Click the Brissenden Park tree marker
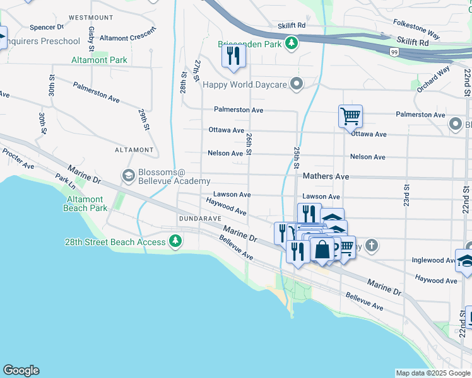point(291,43)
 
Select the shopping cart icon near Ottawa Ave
point(350,116)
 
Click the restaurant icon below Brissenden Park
point(233,57)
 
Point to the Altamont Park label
point(99,60)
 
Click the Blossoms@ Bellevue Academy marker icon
point(129,175)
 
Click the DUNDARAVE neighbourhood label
point(199,218)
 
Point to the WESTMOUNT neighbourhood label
point(91,18)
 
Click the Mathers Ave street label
point(326,177)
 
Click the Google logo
point(21,370)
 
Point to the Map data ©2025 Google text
point(432,373)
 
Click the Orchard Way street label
point(433,79)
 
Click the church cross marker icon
point(372,246)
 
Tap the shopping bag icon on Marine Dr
point(322,249)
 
